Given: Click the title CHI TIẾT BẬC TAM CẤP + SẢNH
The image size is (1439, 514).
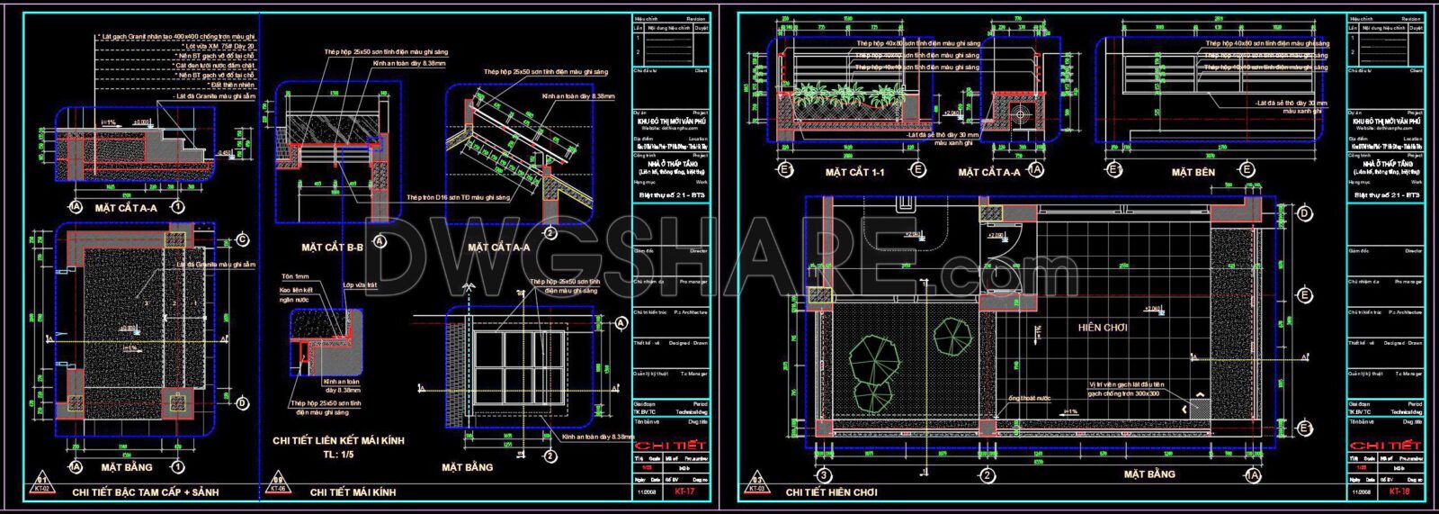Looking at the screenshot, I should [145, 492].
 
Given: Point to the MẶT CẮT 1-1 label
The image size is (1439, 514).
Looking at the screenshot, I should [854, 171].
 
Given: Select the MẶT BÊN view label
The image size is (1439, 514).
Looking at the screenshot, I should [1193, 171].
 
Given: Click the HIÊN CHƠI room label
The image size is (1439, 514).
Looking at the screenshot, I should [1103, 328].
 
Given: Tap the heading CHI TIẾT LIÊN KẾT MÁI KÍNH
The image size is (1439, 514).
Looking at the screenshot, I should [338, 441].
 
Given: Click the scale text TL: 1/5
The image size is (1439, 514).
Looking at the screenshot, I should [338, 455].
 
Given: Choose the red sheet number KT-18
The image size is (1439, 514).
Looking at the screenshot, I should [1398, 492].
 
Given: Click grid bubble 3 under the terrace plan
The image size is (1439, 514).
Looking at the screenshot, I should [822, 474].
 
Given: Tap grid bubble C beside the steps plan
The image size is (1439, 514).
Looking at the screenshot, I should [243, 240].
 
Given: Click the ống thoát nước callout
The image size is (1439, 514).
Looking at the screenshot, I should [1028, 398].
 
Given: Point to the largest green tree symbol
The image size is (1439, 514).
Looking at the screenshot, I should [873, 357].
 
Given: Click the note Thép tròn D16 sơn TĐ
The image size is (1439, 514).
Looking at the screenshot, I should [458, 197].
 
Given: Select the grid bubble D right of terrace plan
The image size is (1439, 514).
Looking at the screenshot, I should [1304, 213].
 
